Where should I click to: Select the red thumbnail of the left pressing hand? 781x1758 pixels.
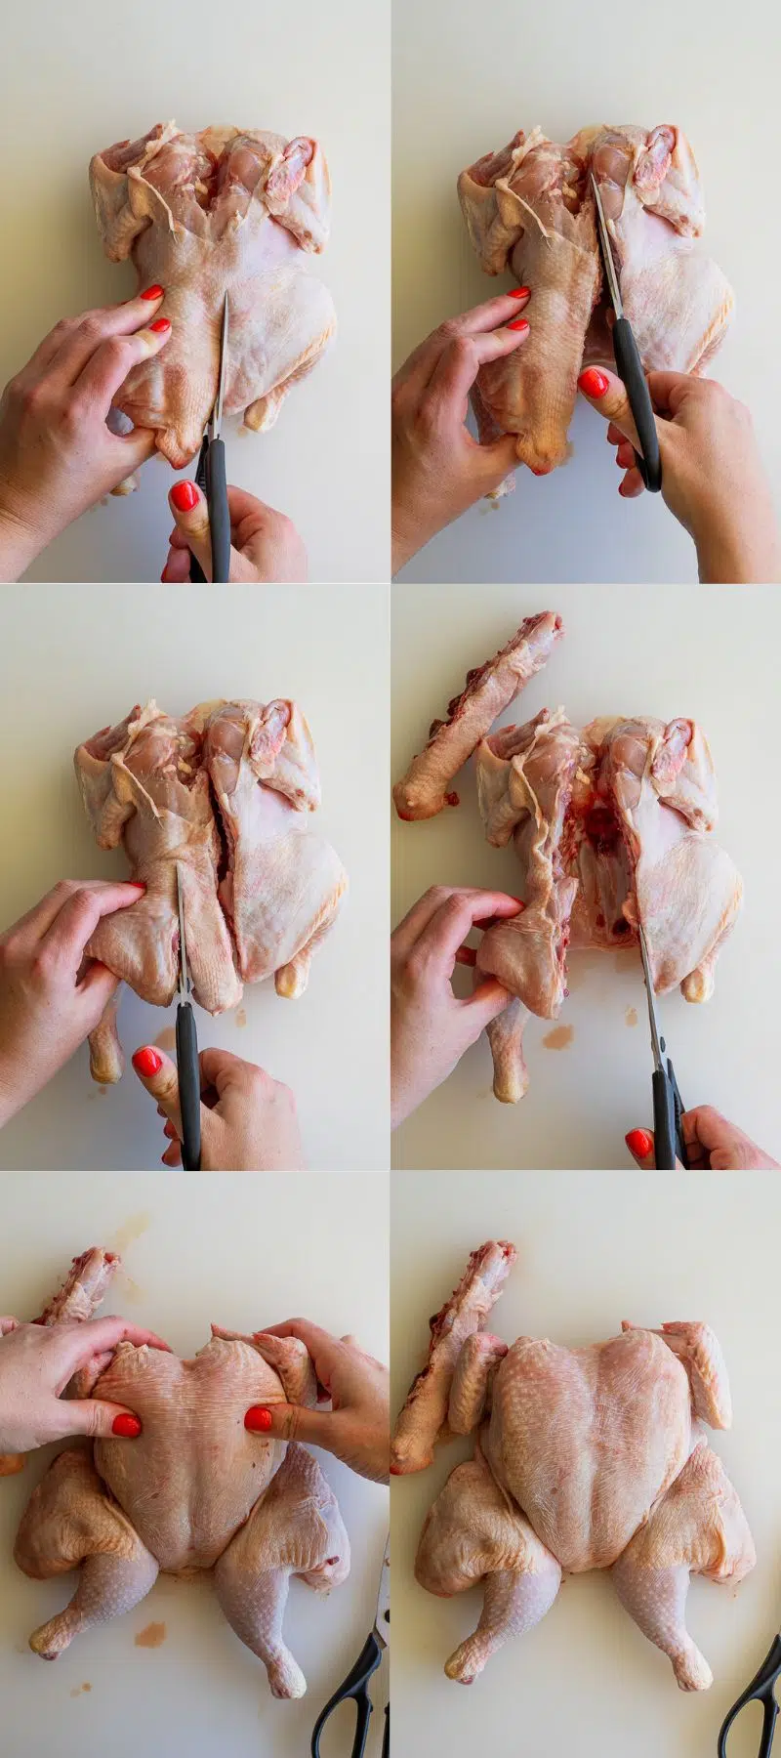pos(126,1425)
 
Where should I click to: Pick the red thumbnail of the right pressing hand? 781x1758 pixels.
pos(258,1418)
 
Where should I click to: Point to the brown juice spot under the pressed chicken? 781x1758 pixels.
pos(149,1634)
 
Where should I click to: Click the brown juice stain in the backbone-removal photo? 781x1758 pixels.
pos(557,1037)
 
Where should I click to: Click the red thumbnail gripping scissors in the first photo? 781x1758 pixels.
pos(184,495)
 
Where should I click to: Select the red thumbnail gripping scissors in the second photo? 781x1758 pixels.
pos(593,382)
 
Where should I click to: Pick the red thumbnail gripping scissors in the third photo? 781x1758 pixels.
pos(146,1061)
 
